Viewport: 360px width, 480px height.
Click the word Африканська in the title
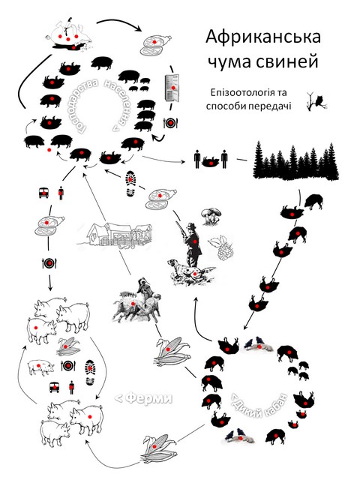pyautogui.click(x=263, y=37)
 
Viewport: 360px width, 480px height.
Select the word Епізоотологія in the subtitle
pyautogui.click(x=244, y=93)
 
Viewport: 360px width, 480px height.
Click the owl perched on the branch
pyautogui.click(x=320, y=101)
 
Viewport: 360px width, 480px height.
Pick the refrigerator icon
pyautogui.click(x=172, y=88)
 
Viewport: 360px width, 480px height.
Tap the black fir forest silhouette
pyautogui.click(x=296, y=160)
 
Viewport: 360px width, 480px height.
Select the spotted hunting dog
pyautogui.click(x=189, y=271)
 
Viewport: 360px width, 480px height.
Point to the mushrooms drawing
pyautogui.click(x=211, y=216)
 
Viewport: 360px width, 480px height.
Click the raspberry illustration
pyautogui.click(x=223, y=247)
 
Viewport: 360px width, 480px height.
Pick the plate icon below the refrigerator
pyautogui.click(x=170, y=123)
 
